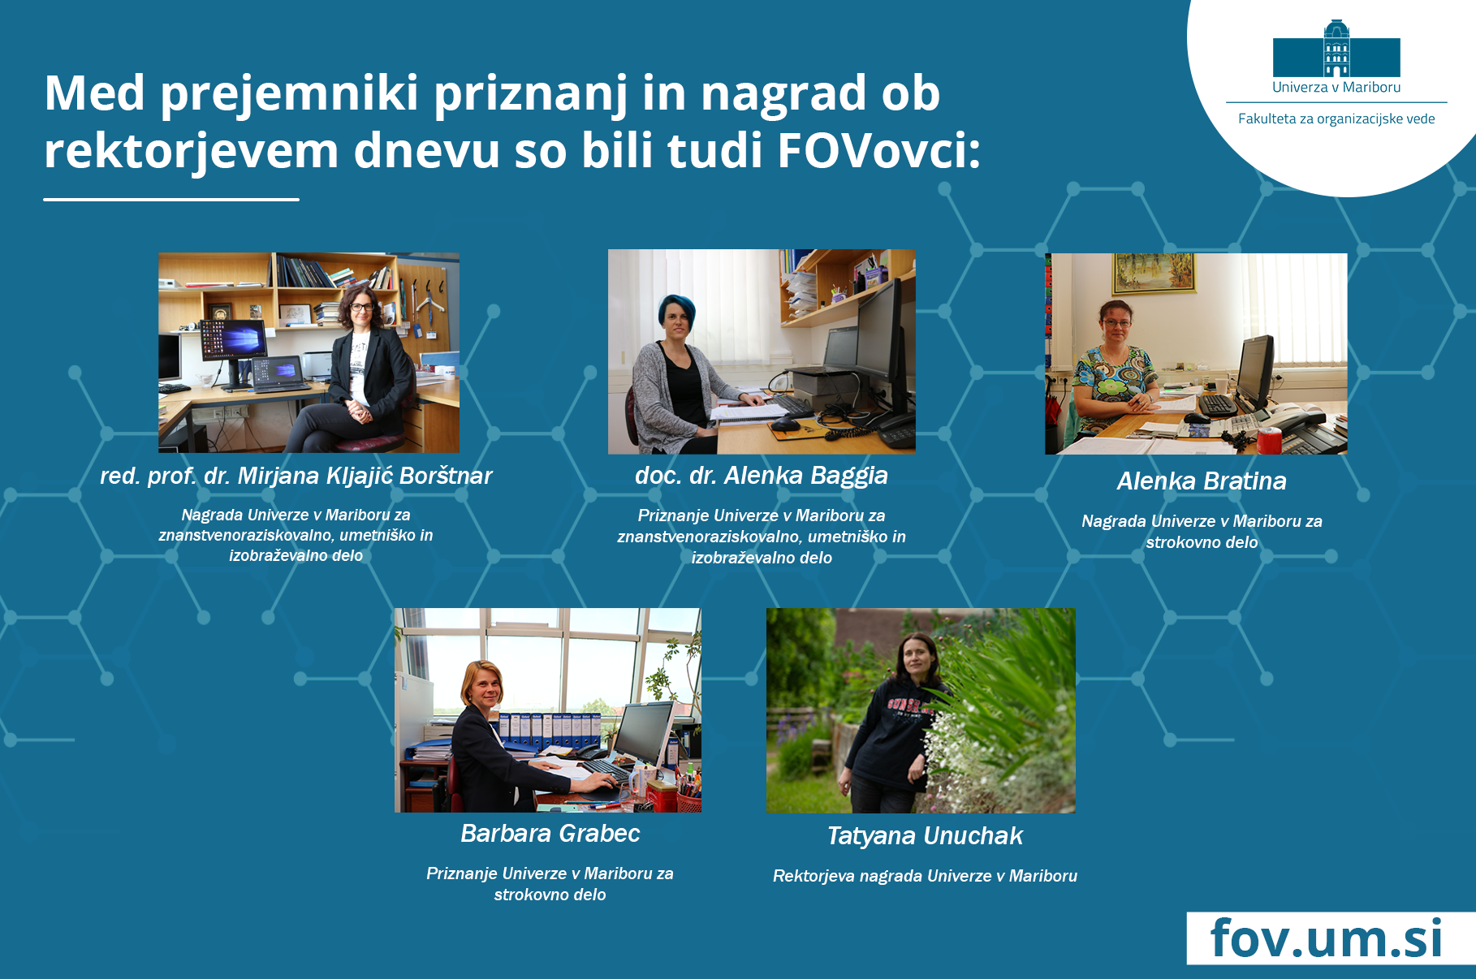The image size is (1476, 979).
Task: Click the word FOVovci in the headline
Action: tap(879, 150)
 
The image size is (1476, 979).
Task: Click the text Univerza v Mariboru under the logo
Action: tap(1336, 87)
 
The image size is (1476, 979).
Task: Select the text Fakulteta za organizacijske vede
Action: tap(1336, 119)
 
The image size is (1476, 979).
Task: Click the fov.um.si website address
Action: tap(1327, 938)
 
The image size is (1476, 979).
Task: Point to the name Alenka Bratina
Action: tap(1202, 481)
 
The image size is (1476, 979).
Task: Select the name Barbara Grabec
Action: tap(550, 833)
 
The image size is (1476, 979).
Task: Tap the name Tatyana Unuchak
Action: tap(925, 835)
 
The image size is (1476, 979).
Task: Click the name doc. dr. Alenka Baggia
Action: tap(762, 475)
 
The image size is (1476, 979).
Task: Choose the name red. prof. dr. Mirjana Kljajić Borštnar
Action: tap(296, 476)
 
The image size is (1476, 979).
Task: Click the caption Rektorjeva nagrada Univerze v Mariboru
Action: tap(925, 876)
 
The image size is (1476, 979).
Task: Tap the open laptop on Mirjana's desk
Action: tap(278, 374)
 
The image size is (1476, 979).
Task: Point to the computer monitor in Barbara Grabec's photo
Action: tap(643, 735)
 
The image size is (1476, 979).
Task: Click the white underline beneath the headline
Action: tap(171, 199)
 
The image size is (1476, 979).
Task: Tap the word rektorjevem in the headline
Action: tap(191, 151)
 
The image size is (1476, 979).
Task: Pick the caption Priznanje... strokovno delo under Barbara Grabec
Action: tap(550, 884)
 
